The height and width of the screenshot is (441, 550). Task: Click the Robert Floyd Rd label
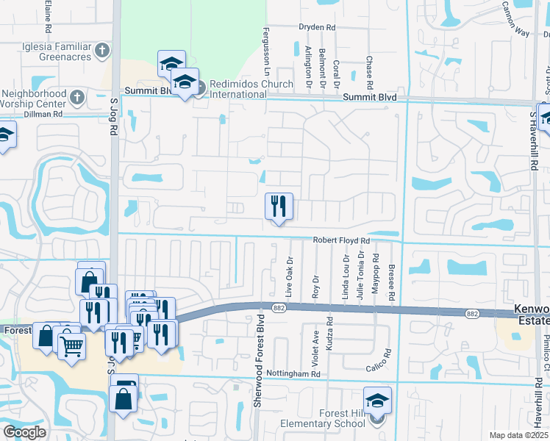pos(340,240)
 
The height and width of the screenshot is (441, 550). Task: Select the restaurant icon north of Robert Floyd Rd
pos(279,207)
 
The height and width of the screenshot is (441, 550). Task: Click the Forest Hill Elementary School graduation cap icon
pos(377,401)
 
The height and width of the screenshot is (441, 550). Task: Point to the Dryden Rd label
pos(316,27)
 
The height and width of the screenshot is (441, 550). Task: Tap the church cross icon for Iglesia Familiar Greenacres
pos(102,51)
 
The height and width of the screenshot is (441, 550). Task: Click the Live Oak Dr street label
pos(290,276)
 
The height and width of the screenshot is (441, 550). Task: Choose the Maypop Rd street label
pos(375,274)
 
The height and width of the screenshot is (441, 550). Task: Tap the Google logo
pos(25,431)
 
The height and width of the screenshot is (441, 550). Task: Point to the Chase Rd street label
pos(369,70)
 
